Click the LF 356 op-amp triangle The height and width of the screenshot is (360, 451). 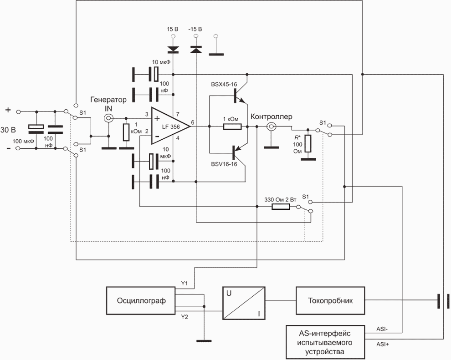(170, 126)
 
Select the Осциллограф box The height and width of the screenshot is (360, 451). (141, 300)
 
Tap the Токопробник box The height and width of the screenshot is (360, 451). (330, 300)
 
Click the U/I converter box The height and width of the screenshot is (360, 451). (244, 303)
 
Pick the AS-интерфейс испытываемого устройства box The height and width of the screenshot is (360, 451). (325, 342)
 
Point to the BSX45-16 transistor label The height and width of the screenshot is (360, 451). (224, 85)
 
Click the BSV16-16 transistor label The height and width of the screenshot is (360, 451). (224, 164)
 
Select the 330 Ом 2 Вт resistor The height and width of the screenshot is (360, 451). (281, 207)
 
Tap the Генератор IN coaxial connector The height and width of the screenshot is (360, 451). (108, 118)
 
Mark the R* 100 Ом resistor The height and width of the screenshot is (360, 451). (308, 144)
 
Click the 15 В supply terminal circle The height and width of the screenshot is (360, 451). (173, 36)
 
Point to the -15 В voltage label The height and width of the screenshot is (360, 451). (195, 29)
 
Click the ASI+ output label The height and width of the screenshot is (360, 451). (383, 344)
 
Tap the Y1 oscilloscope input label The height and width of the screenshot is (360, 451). (184, 284)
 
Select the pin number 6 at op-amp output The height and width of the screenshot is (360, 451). (192, 123)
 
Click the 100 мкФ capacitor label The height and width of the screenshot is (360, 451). (23, 141)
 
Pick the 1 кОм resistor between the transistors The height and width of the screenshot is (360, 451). (232, 127)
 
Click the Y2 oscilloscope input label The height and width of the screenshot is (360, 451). (184, 317)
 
